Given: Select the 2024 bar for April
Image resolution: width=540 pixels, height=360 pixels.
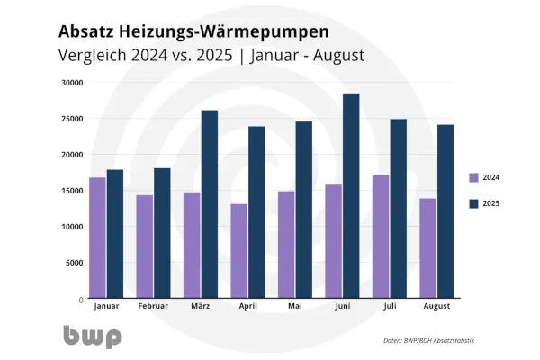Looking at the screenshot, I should (239, 251).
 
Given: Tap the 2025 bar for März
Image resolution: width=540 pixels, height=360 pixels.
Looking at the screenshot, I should (209, 204).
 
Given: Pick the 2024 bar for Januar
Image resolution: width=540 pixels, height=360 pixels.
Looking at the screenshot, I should (96, 238).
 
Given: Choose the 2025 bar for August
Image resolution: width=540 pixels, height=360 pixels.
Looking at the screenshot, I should (445, 211).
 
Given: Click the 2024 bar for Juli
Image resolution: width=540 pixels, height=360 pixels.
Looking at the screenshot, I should (381, 237).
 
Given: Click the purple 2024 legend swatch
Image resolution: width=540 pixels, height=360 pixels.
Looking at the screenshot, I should (474, 177).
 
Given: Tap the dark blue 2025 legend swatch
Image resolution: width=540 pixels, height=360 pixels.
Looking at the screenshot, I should (474, 203).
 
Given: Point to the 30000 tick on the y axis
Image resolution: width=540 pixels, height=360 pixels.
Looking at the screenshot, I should (72, 83).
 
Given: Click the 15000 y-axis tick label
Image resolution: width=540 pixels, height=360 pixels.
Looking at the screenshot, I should (72, 191).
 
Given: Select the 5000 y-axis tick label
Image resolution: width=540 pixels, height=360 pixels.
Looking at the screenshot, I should (74, 263).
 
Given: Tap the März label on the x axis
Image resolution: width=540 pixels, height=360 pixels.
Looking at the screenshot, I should (200, 307).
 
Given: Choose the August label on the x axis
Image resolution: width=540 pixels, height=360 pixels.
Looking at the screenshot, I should (436, 307).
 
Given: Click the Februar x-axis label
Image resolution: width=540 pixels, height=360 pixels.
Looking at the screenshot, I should (153, 307).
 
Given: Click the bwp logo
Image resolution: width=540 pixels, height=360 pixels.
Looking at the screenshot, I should (92, 336).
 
